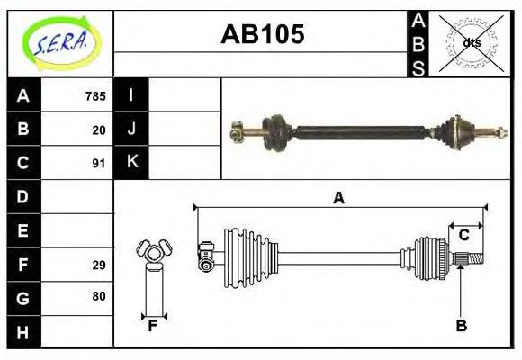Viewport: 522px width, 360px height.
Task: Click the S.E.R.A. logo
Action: pyautogui.click(x=59, y=43)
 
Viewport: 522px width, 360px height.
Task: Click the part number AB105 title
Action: pyautogui.click(x=263, y=35)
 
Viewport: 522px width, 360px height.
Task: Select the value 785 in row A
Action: pyautogui.click(x=95, y=96)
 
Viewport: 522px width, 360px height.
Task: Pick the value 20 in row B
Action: pyautogui.click(x=99, y=130)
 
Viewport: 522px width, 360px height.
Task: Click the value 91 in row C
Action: pyautogui.click(x=99, y=164)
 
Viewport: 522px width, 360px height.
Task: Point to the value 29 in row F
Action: pyautogui.click(x=99, y=265)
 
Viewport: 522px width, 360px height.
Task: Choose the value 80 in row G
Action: pyautogui.click(x=99, y=296)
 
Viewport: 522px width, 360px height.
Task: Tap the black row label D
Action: pyautogui.click(x=23, y=196)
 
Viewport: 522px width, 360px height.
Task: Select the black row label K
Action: pyautogui.click(x=131, y=163)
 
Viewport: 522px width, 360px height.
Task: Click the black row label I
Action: pyautogui.click(x=131, y=95)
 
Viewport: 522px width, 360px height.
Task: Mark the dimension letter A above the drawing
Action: pyautogui.click(x=338, y=198)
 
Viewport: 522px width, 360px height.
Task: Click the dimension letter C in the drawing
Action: pyautogui.click(x=464, y=235)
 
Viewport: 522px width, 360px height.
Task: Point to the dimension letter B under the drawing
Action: pyautogui.click(x=461, y=326)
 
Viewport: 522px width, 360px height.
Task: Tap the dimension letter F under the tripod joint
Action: pyautogui.click(x=153, y=326)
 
